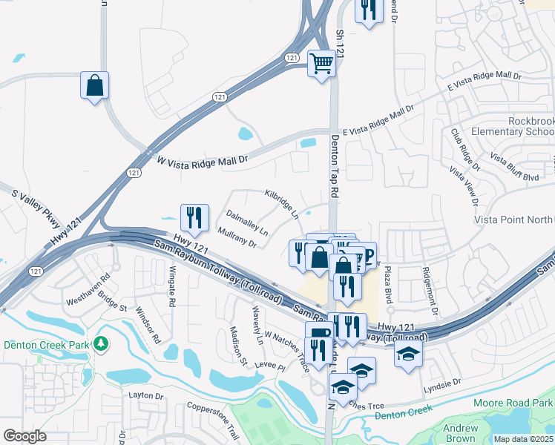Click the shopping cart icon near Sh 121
pyautogui.click(x=322, y=63)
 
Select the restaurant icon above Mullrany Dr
pyautogui.click(x=194, y=217)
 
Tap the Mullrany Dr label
pyautogui.click(x=238, y=237)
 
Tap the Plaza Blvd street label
pyautogui.click(x=387, y=286)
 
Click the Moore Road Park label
pyautogui.click(x=512, y=402)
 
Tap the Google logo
pyautogui.click(x=24, y=436)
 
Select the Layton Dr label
pyautogui.click(x=145, y=396)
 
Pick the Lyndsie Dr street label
pyautogui.click(x=442, y=380)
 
